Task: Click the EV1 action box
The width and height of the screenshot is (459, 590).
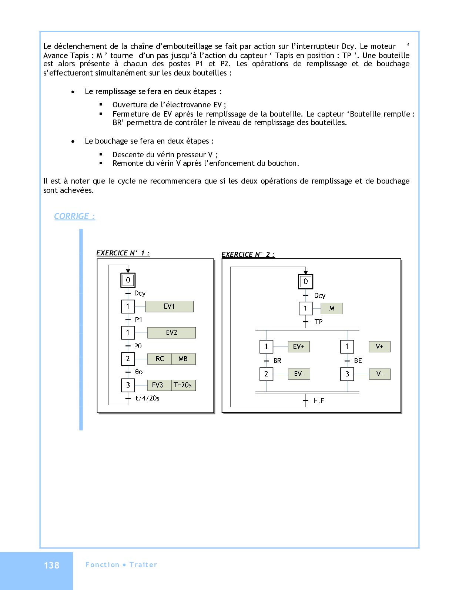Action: point(169,306)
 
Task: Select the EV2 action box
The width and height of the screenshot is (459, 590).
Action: point(171,333)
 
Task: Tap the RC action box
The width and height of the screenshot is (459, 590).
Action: point(160,359)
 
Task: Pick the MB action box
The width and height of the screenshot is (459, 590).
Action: point(183,359)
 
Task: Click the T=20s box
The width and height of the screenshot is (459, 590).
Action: point(183,385)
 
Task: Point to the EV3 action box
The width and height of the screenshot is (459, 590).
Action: point(158,385)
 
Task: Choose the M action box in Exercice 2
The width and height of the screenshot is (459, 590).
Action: point(332,308)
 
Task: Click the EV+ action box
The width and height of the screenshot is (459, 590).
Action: point(299,347)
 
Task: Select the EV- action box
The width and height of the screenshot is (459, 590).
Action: point(299,374)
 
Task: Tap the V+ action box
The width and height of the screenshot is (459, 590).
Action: point(379,347)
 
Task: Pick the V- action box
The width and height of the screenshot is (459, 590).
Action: point(379,374)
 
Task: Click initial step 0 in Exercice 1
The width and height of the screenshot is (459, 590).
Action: point(128,280)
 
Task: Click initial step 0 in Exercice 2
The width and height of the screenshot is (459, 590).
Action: point(306,282)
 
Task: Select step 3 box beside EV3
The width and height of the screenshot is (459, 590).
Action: point(128,385)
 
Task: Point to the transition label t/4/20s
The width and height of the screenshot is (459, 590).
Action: point(147,398)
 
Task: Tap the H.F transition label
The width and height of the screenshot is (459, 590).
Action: point(318,400)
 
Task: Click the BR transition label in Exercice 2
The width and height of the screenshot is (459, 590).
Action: point(277,361)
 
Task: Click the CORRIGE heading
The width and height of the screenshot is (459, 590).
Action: point(74,217)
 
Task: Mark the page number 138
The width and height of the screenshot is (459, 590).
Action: point(51,566)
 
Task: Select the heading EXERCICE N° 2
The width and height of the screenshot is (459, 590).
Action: point(248,255)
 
